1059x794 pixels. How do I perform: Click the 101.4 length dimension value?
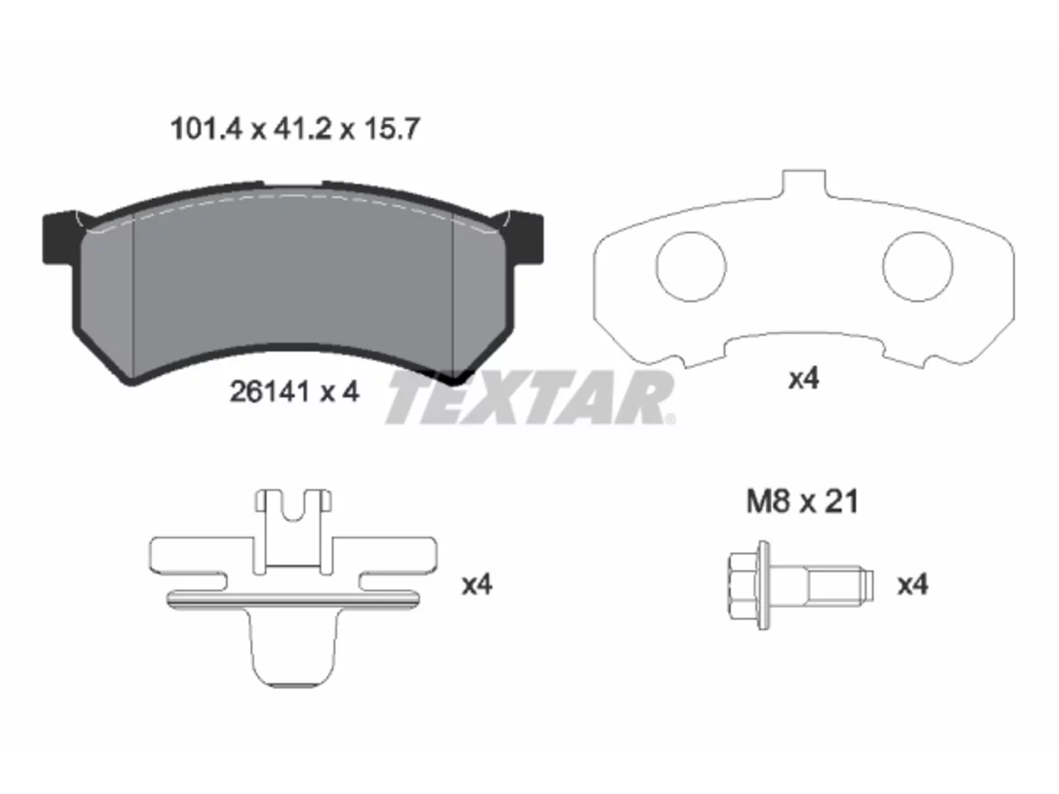(x=206, y=129)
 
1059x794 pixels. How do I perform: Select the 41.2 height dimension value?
(x=303, y=129)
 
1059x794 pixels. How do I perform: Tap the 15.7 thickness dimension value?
(x=392, y=129)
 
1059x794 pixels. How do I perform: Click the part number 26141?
(x=269, y=392)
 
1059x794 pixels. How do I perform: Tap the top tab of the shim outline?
(x=804, y=183)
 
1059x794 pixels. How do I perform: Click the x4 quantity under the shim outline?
(x=804, y=379)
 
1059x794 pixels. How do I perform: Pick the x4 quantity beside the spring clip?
(x=477, y=585)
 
